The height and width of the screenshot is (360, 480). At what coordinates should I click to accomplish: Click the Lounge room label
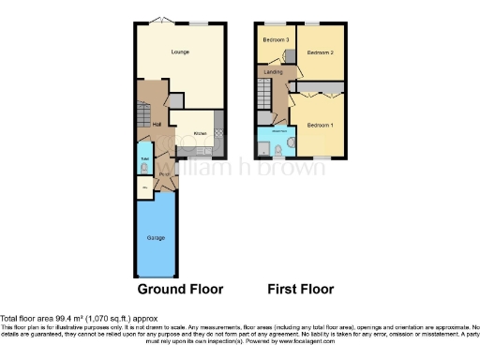tap(180, 52)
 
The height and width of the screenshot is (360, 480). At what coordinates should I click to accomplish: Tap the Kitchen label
tap(200, 134)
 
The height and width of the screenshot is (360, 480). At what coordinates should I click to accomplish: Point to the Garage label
tap(156, 238)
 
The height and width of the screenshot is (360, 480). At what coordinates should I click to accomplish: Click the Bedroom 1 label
tap(320, 125)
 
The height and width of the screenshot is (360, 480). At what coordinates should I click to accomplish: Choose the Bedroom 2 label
tap(320, 52)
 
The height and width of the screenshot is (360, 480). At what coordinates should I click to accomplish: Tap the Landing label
tap(273, 71)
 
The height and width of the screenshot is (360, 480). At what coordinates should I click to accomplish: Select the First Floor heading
tap(300, 290)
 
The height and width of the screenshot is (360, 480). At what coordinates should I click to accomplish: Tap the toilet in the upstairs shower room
tap(291, 143)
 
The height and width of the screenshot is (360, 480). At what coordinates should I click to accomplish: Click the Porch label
tap(163, 173)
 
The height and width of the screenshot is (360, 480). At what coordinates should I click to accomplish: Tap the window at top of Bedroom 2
tap(310, 22)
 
